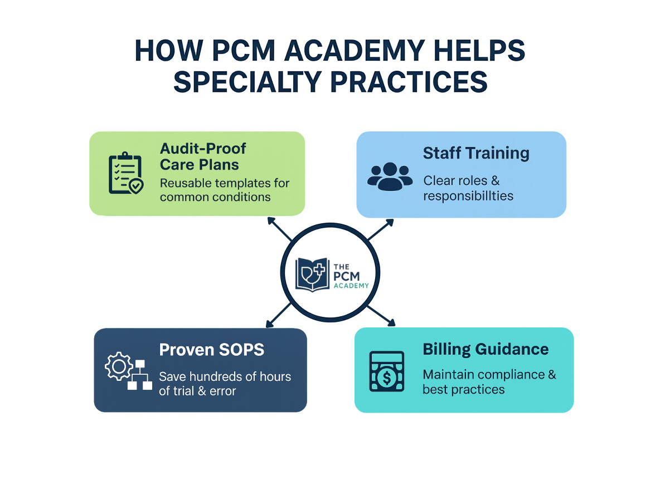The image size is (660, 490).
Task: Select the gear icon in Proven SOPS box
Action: pyautogui.click(x=118, y=367)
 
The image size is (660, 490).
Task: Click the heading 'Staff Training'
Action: pyautogui.click(x=475, y=153)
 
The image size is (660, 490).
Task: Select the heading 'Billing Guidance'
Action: pyautogui.click(x=486, y=349)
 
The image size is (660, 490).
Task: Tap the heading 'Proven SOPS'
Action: pyautogui.click(x=211, y=350)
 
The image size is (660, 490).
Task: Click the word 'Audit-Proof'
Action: pyautogui.click(x=203, y=149)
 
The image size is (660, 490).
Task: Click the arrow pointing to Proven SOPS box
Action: pyautogui.click(x=275, y=318)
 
